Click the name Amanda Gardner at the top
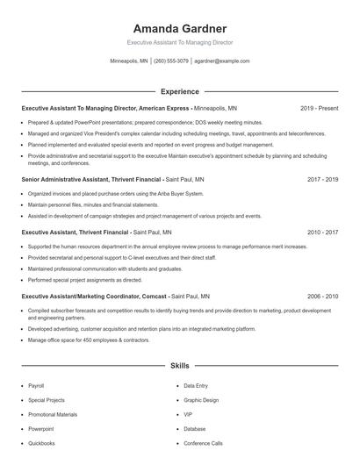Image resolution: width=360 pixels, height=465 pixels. (179, 28)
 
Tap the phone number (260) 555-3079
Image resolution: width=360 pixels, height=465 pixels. (171, 61)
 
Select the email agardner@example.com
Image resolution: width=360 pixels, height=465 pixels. (221, 61)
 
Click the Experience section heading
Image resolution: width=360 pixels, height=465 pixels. (179, 91)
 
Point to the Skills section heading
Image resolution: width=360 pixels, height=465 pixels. (179, 364)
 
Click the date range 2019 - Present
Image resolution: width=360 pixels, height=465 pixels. (319, 108)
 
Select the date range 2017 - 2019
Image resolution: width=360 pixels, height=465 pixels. (322, 179)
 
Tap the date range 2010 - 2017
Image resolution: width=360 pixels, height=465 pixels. (322, 232)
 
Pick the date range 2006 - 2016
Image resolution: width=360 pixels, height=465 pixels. (322, 297)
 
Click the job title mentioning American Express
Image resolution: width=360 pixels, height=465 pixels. (128, 108)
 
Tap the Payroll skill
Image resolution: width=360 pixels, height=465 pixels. (36, 386)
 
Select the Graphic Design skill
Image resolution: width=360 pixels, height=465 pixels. (201, 400)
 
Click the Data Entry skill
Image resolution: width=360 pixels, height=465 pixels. (196, 386)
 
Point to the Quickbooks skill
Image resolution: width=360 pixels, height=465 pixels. (41, 443)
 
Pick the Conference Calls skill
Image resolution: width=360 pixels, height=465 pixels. (203, 443)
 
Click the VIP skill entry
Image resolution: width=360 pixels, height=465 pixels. (188, 414)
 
